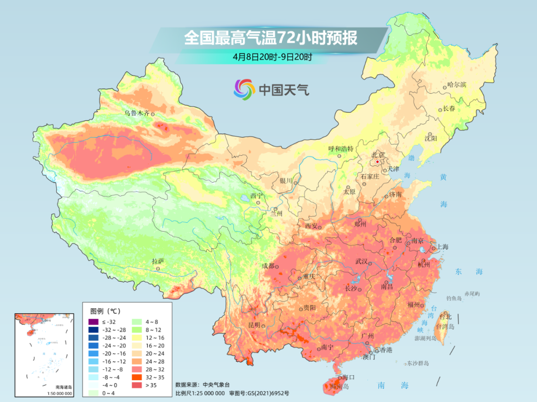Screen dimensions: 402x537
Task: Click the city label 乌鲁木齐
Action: (x=137, y=113)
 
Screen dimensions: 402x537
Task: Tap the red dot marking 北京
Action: (x=378, y=162)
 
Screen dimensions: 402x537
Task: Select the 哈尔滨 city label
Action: (x=456, y=85)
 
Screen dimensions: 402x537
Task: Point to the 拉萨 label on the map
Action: (x=158, y=261)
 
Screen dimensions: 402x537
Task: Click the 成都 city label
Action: (x=268, y=266)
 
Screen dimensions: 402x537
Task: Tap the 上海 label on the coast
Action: (x=442, y=247)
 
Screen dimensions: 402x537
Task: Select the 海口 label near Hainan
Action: (x=349, y=378)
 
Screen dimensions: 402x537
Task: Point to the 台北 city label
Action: (x=445, y=317)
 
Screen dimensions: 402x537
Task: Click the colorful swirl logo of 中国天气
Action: (x=244, y=89)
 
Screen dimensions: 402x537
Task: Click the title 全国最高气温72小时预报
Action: (x=270, y=38)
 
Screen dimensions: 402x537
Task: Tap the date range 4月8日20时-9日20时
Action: (x=272, y=57)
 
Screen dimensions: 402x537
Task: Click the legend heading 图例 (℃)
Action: (x=105, y=311)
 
